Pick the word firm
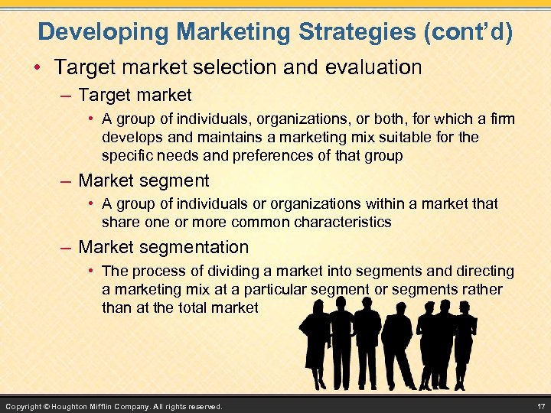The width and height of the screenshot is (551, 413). tap(501, 119)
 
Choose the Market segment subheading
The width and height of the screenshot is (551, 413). tap(144, 181)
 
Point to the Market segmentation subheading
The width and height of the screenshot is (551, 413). tap(164, 247)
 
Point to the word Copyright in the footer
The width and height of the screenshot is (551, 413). tap(23, 405)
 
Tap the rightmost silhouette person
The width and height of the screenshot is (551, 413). tap(463, 340)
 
